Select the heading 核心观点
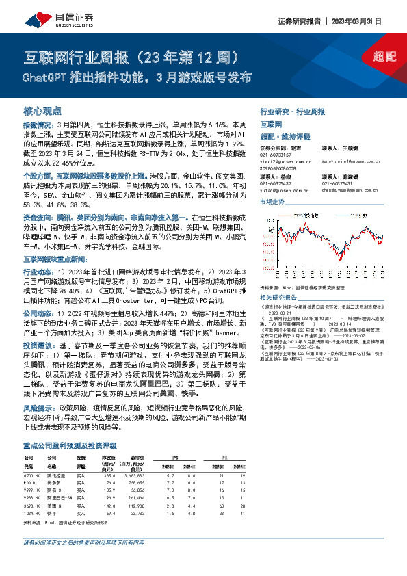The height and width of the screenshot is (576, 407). pyautogui.click(x=42, y=109)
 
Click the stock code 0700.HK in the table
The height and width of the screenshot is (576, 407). pyautogui.click(x=33, y=475)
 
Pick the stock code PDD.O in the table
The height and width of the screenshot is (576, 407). pyautogui.click(x=30, y=483)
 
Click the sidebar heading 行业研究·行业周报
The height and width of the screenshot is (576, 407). pyautogui.click(x=291, y=111)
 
